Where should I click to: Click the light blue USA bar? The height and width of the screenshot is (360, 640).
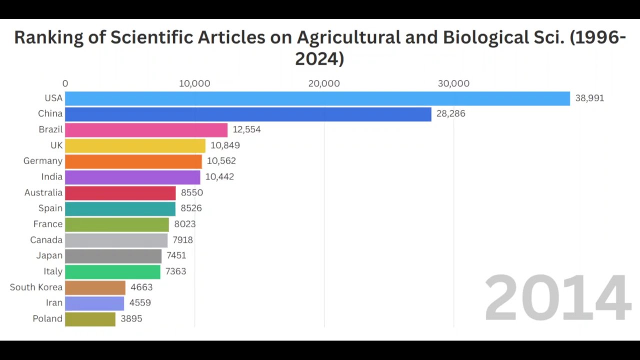[x=317, y=98]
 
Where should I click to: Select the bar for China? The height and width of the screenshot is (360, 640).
[x=248, y=114]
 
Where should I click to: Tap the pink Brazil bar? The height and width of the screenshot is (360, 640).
[x=146, y=129]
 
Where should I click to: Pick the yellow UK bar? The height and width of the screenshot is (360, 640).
[x=135, y=145]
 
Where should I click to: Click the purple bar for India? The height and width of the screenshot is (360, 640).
[x=132, y=177]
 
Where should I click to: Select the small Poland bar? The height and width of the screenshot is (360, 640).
[x=90, y=319]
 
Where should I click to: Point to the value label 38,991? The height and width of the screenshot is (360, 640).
[x=589, y=98]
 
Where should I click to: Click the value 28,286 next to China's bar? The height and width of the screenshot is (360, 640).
[x=450, y=114]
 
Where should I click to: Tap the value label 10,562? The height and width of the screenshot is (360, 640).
[x=221, y=161]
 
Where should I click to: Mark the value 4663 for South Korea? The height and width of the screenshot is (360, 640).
[x=141, y=287]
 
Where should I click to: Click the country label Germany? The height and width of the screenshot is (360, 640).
[x=42, y=161]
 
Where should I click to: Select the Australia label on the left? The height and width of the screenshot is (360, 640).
[x=43, y=193]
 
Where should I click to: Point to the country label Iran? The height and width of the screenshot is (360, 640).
[x=54, y=303]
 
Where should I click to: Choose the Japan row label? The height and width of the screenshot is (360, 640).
[x=49, y=255]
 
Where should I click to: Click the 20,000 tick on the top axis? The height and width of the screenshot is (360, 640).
[x=324, y=83]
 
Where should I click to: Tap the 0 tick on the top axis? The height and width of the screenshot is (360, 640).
[x=65, y=83]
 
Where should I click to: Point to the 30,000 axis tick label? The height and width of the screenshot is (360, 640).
[x=453, y=83]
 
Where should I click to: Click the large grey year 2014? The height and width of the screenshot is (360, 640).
[x=557, y=298]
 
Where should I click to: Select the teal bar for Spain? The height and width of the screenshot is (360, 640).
[x=120, y=208]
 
